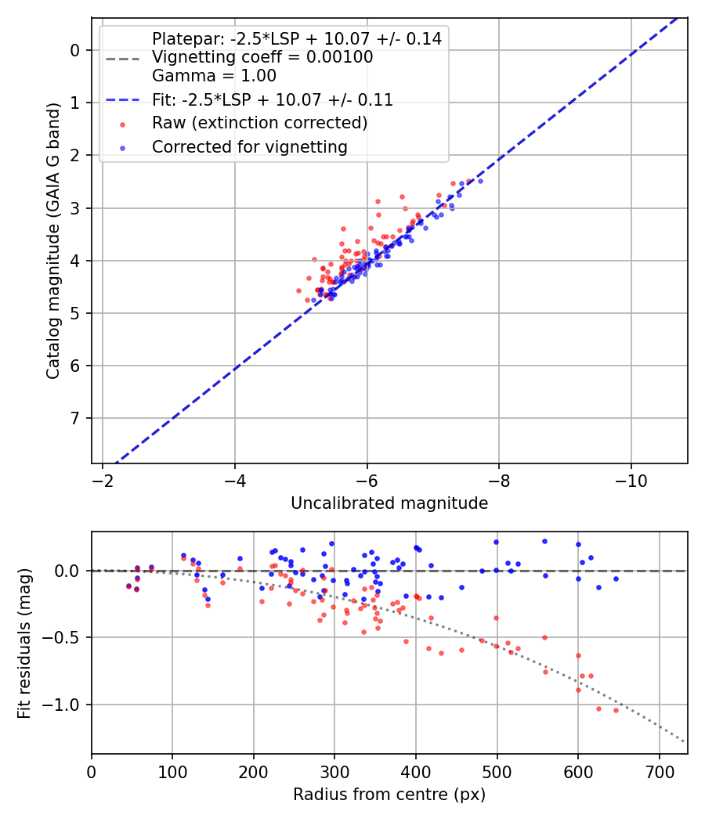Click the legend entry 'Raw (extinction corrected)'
[259, 123]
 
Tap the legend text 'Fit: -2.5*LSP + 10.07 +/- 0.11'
[272, 99]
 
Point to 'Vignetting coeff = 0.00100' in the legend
[262, 57]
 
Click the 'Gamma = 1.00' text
[214, 76]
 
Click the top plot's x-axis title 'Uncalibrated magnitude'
[389, 503]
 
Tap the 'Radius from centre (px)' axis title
[389, 795]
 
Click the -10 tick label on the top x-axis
[631, 481]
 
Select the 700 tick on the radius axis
[659, 772]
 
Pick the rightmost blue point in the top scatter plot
[480, 181]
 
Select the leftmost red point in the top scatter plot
[298, 290]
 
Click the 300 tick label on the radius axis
[334, 772]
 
